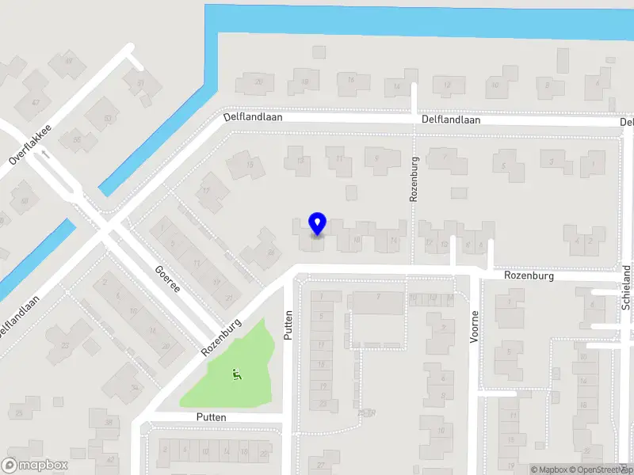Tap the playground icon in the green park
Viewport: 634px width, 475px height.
(x=235, y=374)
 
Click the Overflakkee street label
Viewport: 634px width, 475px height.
(x=31, y=144)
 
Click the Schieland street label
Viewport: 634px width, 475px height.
(x=626, y=287)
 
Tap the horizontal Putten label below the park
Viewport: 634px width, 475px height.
(x=212, y=417)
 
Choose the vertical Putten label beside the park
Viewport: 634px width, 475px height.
(x=288, y=325)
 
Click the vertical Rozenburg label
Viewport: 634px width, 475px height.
(x=414, y=178)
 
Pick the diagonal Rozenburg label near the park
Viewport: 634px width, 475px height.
(x=220, y=338)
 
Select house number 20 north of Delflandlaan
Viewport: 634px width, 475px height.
(x=258, y=82)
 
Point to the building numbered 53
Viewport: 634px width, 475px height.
(x=108, y=119)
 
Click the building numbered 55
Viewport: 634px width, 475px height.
(x=77, y=140)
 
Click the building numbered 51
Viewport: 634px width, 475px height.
(x=140, y=82)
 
